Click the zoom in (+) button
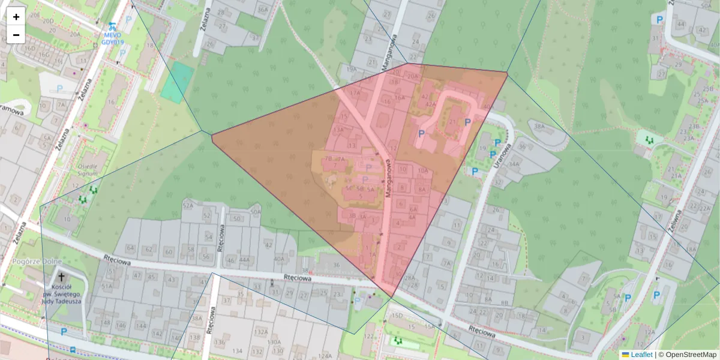pos(16,16)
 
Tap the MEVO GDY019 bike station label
pos(112,38)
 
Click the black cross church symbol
pos(61,278)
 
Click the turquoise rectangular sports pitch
pos(177,82)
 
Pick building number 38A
pos(539,127)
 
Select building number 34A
pos(514,163)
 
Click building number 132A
pos(260,331)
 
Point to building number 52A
pos(188,206)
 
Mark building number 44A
pos(244,260)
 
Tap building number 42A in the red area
pos(430,104)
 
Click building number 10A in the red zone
pos(422,170)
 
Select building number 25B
pos(708,89)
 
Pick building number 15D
pos(397,315)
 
